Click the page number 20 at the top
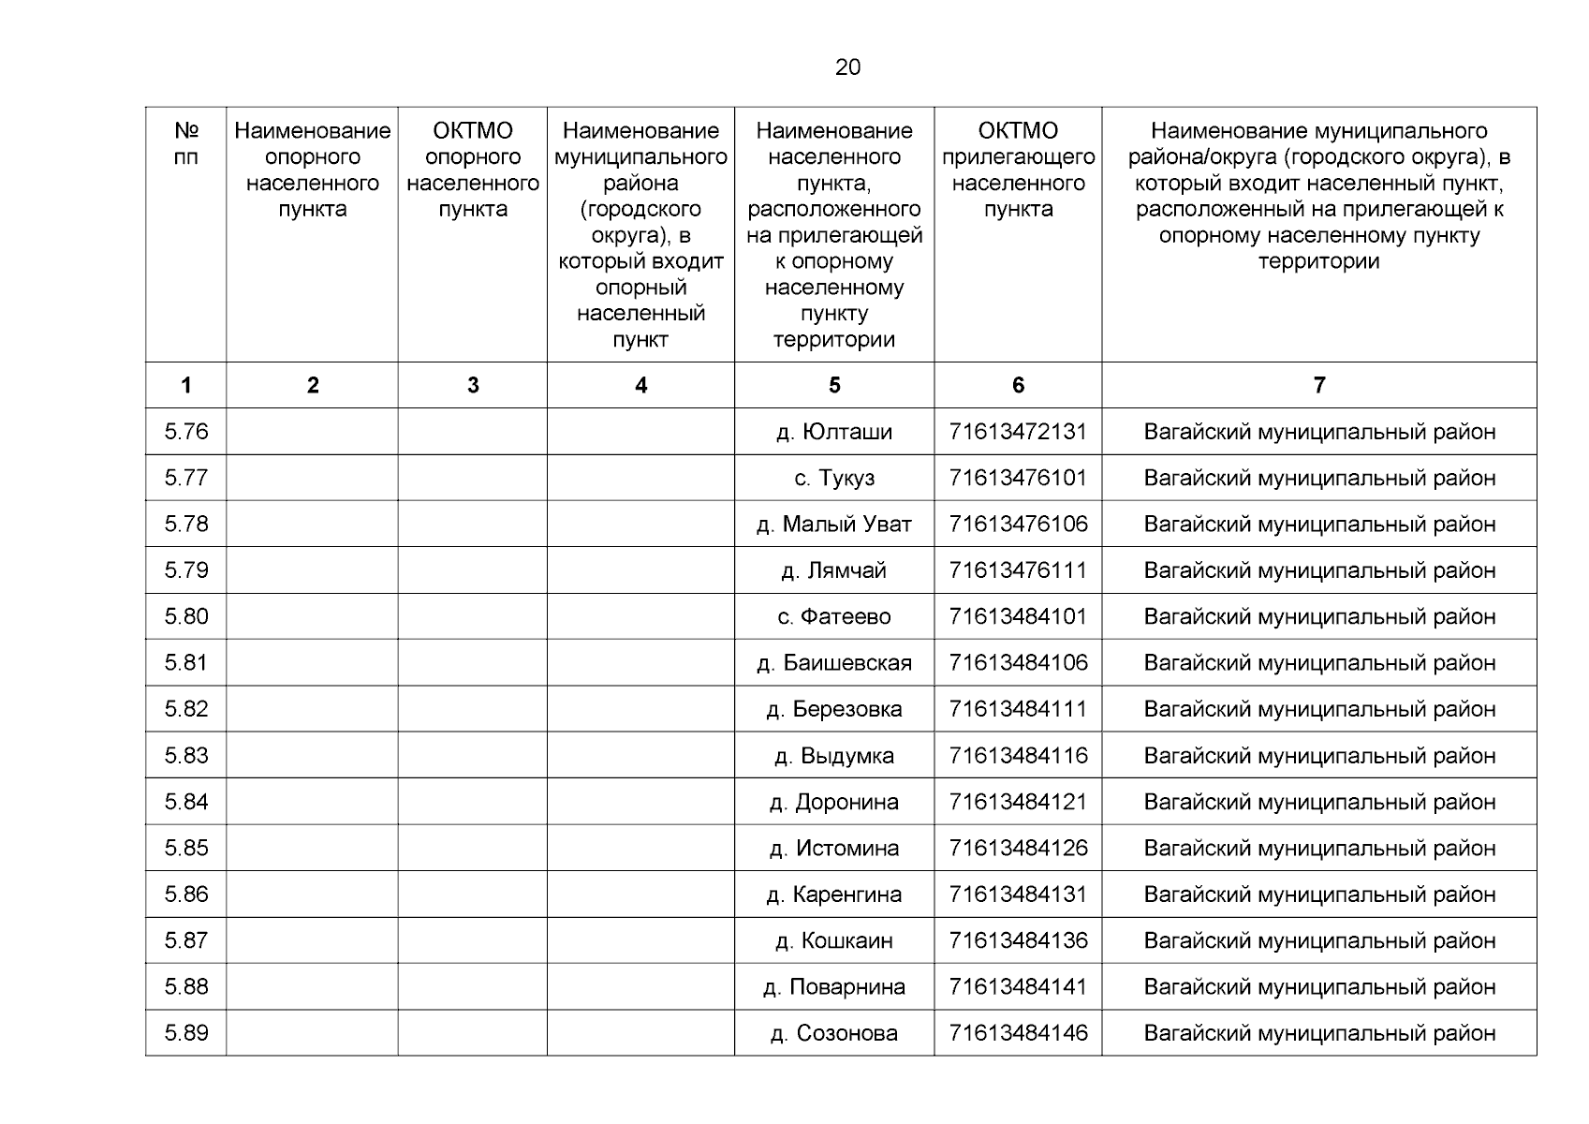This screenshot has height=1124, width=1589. click(847, 67)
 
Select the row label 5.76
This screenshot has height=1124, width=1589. click(186, 432)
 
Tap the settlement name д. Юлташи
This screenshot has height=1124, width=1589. click(833, 432)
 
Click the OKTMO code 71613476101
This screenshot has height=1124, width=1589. click(1018, 478)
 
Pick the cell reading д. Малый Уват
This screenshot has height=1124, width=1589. click(833, 525)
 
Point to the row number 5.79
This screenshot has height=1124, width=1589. click(186, 570)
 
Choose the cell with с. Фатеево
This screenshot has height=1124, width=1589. click(833, 616)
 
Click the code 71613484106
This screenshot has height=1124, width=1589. click(1018, 663)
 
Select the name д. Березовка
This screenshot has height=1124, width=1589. click(833, 709)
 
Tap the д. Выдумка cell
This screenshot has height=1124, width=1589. click(833, 756)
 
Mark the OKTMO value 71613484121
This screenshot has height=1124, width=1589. click(1018, 802)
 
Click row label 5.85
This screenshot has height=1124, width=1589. click(186, 848)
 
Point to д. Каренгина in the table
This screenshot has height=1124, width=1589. click(833, 895)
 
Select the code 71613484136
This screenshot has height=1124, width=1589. click(1018, 940)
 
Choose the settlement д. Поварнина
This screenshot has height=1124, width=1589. click(833, 987)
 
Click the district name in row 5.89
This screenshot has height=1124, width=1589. click(1319, 1033)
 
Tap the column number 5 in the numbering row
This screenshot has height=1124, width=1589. click(833, 385)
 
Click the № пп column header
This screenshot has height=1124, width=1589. click(186, 144)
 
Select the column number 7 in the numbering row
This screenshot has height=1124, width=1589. click(1319, 385)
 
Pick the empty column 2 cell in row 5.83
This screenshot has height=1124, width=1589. click(312, 756)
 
